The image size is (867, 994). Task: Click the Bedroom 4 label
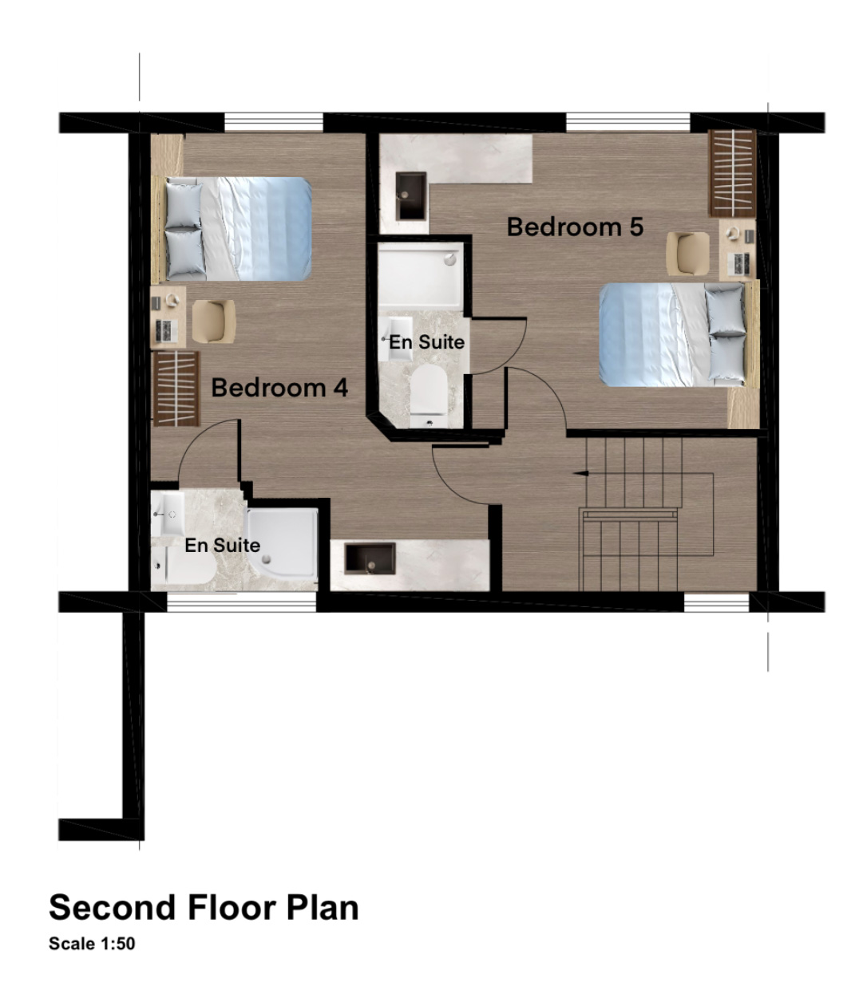tap(279, 389)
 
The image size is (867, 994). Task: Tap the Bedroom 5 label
tap(575, 227)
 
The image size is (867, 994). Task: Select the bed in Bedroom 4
tap(232, 229)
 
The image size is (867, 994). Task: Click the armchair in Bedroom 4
tap(214, 321)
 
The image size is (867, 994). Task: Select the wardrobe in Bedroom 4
tap(176, 389)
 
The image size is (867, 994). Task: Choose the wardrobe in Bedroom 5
tap(732, 173)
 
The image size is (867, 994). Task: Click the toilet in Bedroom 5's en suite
tap(428, 396)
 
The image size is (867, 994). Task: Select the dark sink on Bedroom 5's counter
tap(411, 195)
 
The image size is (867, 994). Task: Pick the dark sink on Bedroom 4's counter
tap(370, 558)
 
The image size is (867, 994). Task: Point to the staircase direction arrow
tap(580, 473)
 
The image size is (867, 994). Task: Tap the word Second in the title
tap(113, 907)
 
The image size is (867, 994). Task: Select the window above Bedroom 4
tap(274, 122)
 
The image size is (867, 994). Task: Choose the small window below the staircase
tap(717, 602)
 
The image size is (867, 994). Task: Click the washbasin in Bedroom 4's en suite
tap(168, 514)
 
